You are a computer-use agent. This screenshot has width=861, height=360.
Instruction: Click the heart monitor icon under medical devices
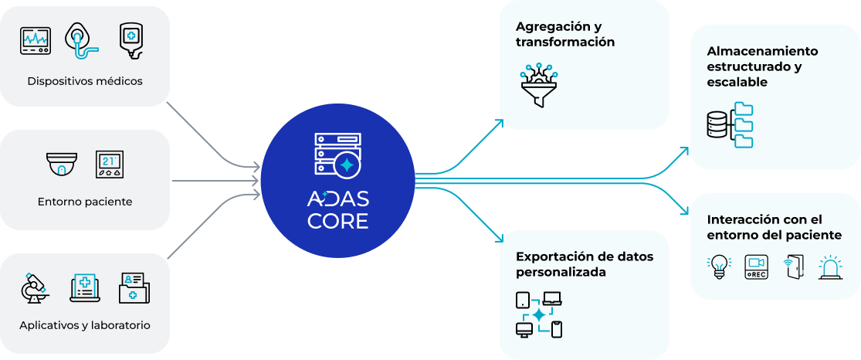click(x=35, y=40)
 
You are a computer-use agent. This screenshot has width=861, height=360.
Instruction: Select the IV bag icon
click(x=131, y=40)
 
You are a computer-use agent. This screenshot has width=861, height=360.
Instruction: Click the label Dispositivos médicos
click(x=85, y=80)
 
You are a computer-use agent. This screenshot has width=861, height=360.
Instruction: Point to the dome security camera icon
click(x=62, y=165)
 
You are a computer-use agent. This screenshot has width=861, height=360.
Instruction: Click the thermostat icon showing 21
click(x=109, y=165)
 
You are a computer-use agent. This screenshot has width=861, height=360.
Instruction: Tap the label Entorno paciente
click(x=85, y=202)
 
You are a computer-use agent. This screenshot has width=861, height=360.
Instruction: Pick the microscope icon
click(x=35, y=287)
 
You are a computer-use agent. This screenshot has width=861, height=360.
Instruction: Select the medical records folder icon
click(x=134, y=287)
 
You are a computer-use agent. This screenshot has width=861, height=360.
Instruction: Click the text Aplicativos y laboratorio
click(x=85, y=325)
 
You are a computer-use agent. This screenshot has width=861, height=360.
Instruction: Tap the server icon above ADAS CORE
click(x=338, y=154)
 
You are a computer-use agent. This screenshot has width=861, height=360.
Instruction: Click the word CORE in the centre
click(x=337, y=221)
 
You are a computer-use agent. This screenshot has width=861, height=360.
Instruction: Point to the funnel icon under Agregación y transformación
click(x=540, y=84)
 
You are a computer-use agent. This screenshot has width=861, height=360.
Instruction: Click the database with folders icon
click(x=730, y=124)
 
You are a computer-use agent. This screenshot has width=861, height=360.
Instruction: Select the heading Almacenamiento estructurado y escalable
click(x=762, y=66)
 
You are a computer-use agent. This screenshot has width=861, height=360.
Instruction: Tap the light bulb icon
click(x=719, y=267)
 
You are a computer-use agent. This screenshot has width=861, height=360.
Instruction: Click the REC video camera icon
click(x=756, y=267)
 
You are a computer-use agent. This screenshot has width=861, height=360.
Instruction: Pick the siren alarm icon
click(x=831, y=267)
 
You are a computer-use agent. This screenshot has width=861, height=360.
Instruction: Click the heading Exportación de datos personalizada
click(x=584, y=263)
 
